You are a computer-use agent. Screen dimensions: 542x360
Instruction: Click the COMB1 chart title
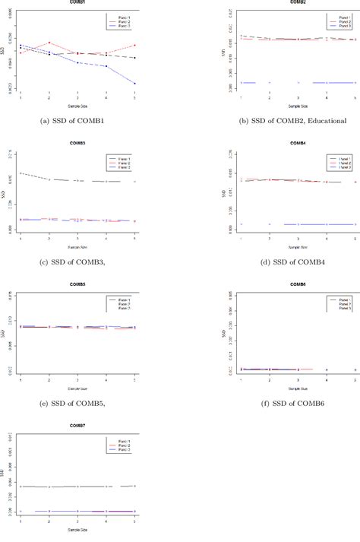click(77, 2)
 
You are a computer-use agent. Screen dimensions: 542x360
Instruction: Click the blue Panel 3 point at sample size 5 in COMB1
click(134, 83)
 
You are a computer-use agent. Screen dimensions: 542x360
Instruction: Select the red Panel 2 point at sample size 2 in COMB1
click(49, 43)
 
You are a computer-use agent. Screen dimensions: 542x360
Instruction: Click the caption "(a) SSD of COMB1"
click(77, 119)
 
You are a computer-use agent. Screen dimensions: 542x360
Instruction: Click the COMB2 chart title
click(298, 2)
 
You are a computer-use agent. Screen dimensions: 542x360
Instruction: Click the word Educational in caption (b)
click(324, 119)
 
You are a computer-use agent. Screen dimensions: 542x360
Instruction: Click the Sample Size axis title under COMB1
click(77, 106)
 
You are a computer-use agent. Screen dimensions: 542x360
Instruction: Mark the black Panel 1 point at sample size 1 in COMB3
click(21, 173)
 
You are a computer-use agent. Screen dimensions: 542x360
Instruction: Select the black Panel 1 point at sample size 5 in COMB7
click(134, 486)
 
